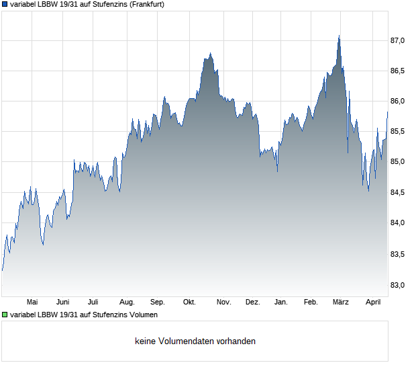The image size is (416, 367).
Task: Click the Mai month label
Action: click(x=32, y=302)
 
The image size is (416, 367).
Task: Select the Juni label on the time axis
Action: click(x=63, y=302)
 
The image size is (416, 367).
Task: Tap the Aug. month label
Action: click(x=127, y=302)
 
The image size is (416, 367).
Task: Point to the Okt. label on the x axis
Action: click(x=189, y=302)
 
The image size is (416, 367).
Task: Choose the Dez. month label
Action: click(x=252, y=302)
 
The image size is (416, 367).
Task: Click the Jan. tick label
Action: click(x=281, y=302)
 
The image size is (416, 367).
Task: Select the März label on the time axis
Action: click(x=341, y=302)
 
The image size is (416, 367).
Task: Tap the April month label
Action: click(x=372, y=302)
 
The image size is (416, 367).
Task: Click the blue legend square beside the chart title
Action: click(x=5, y=4)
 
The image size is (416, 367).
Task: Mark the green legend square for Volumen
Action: click(x=5, y=314)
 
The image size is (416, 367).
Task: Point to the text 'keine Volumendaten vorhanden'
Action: click(x=195, y=341)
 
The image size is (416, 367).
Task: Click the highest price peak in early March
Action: click(x=339, y=36)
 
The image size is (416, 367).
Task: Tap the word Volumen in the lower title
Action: click(x=142, y=314)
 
